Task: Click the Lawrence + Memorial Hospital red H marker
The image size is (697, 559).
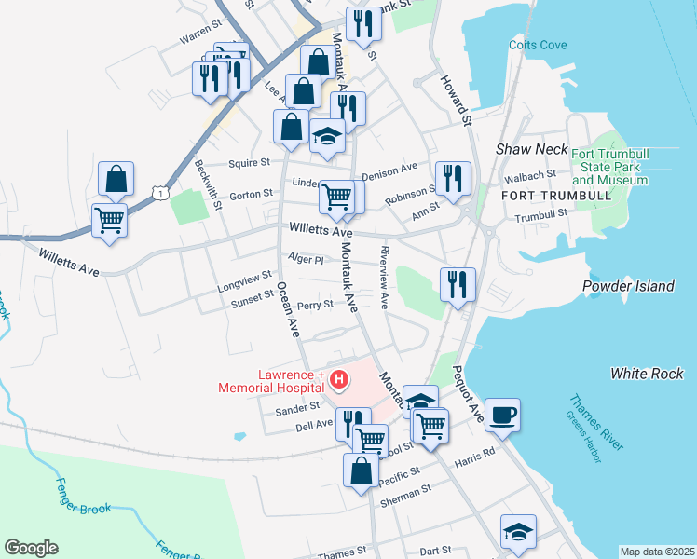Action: point(339,379)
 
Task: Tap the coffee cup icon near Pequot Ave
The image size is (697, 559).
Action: point(502,415)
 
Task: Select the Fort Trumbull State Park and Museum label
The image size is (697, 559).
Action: point(609,166)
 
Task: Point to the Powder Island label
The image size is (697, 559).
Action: point(628,285)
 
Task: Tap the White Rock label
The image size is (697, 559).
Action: point(647,374)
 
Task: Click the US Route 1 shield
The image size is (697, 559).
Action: point(162,192)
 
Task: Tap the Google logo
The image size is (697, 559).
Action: point(31,548)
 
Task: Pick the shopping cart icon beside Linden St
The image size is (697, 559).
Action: point(336,197)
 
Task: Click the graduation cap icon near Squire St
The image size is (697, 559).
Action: point(327,136)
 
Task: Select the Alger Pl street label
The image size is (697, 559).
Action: point(306,260)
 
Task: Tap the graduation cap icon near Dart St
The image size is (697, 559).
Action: point(518,531)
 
